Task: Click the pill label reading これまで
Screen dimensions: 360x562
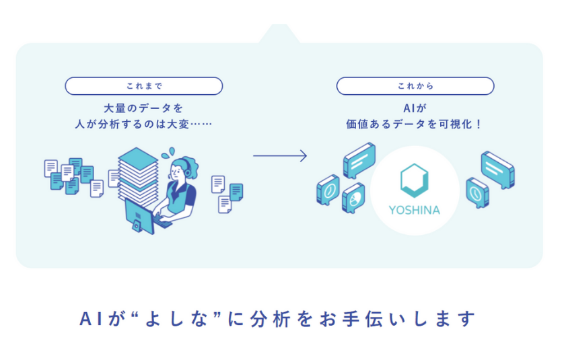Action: pyautogui.click(x=143, y=86)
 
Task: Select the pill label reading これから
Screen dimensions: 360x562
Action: pyautogui.click(x=415, y=86)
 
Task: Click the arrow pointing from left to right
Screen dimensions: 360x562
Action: pyautogui.click(x=279, y=155)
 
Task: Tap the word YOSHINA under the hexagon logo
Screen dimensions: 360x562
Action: pyautogui.click(x=415, y=210)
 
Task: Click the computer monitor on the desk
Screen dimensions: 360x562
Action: pyautogui.click(x=139, y=215)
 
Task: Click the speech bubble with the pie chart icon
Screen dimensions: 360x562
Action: pyautogui.click(x=353, y=199)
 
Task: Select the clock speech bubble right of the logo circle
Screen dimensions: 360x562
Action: pyautogui.click(x=477, y=192)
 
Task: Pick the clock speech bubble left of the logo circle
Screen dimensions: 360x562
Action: pyautogui.click(x=328, y=190)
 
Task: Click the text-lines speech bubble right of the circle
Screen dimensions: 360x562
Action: pyautogui.click(x=497, y=169)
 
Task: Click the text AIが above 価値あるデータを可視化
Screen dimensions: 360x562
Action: pyautogui.click(x=415, y=107)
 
